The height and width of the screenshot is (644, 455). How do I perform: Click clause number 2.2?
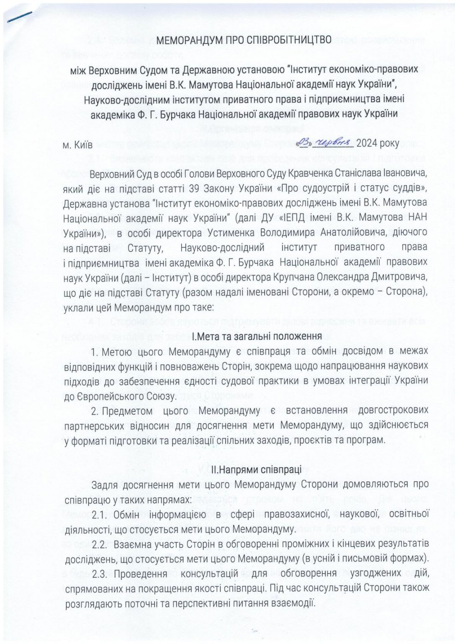(100, 544)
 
